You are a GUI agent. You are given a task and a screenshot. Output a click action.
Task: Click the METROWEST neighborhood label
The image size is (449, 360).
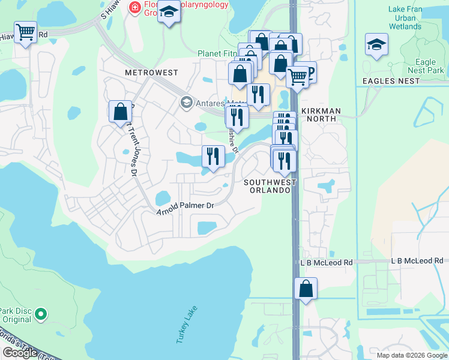pos(151,73)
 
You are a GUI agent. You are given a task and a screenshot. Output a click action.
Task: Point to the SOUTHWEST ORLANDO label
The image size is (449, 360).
pos(270,186)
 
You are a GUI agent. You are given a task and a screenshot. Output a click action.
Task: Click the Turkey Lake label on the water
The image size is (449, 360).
pos(187,325)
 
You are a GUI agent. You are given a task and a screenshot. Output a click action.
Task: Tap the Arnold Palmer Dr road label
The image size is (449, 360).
pos(185,209)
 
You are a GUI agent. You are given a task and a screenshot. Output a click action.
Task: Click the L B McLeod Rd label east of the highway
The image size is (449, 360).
pos(417,261)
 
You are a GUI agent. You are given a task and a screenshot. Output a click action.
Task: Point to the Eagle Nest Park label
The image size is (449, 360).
pos(429,66)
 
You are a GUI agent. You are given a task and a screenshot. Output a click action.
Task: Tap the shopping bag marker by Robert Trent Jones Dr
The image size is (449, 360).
pos(120,111)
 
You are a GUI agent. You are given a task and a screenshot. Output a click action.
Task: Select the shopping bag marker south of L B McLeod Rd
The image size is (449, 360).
pos(306,289)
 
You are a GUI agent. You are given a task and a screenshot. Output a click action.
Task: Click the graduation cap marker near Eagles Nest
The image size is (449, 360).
pos(376,44)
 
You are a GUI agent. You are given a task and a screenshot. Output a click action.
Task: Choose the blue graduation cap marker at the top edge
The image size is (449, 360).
pos(169,11)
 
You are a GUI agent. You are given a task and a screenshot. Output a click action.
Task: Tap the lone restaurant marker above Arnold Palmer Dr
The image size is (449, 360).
pos(213,157)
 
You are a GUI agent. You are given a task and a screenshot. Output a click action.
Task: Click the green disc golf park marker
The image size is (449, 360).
pos(40,314)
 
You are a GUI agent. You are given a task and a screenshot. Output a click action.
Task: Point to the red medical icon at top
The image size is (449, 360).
pos(134,7)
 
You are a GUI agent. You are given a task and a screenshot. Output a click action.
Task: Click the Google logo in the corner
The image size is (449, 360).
pos(20,353)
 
